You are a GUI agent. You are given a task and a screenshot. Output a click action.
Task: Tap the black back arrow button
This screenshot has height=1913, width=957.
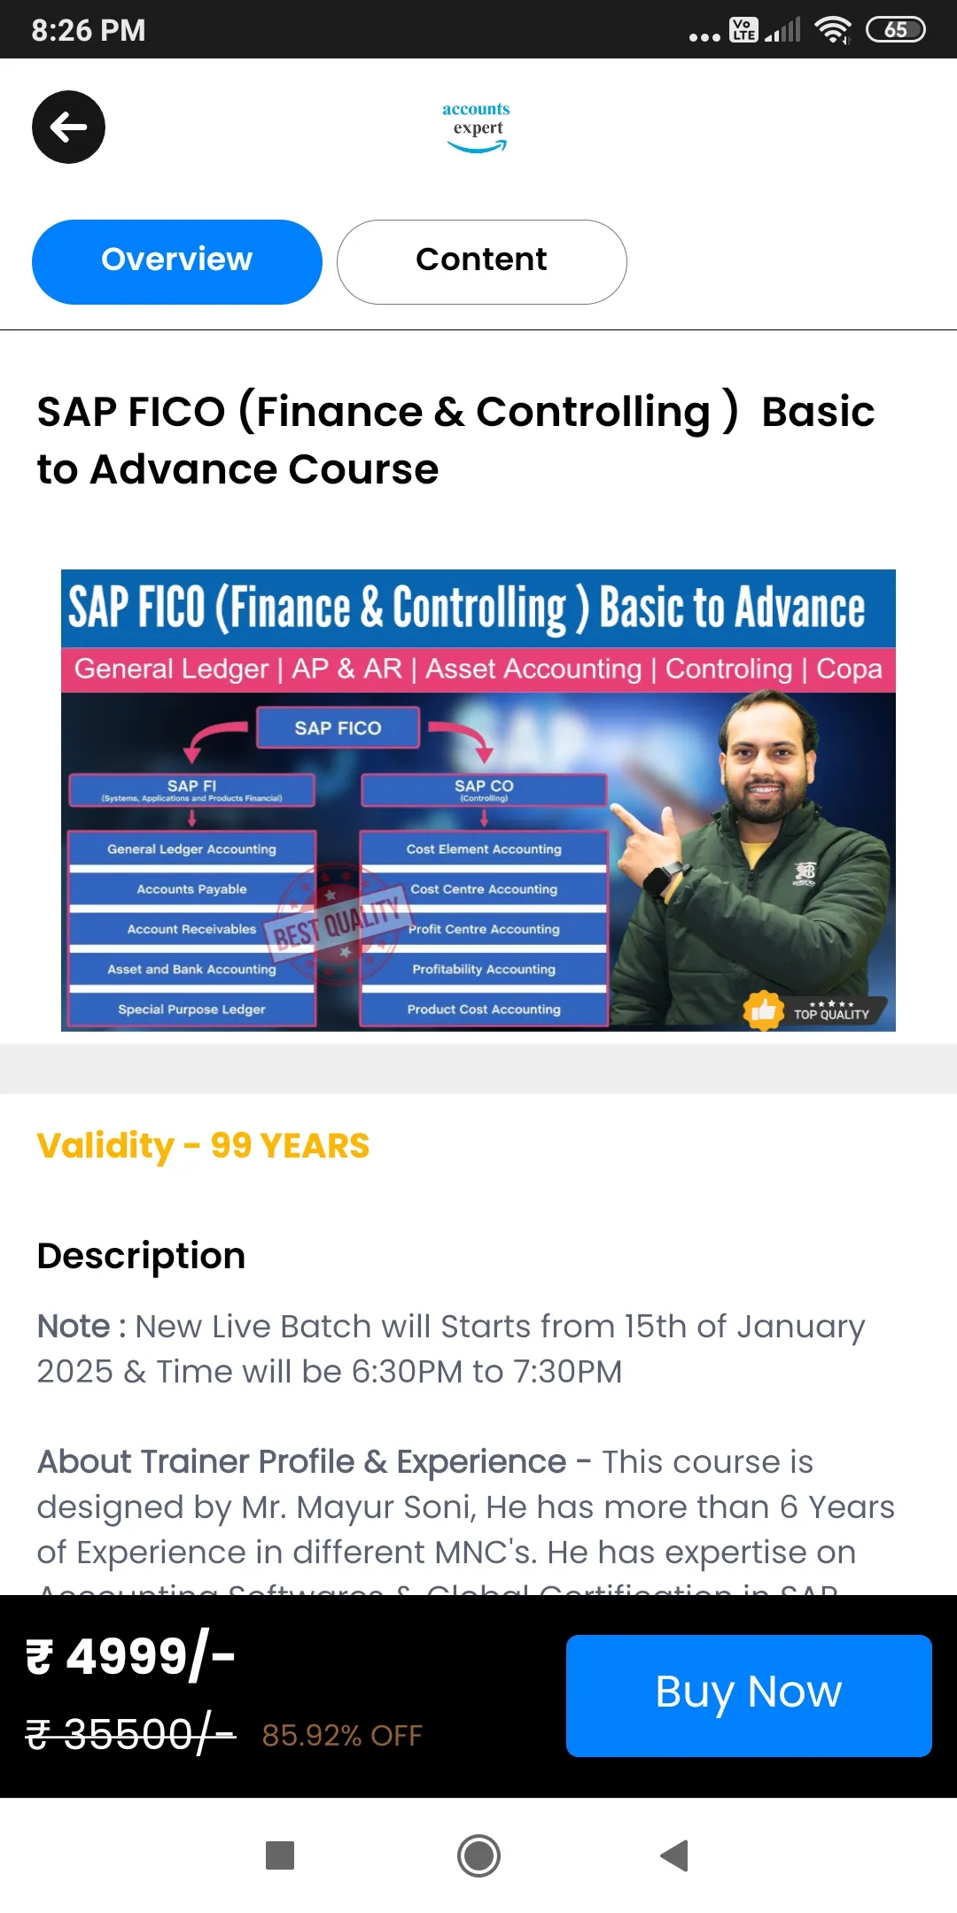(x=68, y=128)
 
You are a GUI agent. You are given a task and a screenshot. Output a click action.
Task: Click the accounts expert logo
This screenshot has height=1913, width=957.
(x=477, y=128)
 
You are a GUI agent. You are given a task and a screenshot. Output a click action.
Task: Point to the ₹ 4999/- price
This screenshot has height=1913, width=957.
(x=130, y=1656)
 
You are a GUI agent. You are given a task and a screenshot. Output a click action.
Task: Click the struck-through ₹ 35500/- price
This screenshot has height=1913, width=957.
(x=130, y=1734)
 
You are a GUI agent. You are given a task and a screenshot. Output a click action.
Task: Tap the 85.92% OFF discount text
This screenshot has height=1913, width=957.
(x=342, y=1736)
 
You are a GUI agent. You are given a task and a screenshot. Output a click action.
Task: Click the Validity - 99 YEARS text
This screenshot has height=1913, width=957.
(x=203, y=1146)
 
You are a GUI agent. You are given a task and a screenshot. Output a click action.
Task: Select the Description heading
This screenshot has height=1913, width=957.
(x=141, y=1256)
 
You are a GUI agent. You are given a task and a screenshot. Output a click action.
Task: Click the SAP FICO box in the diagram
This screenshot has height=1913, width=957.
(x=338, y=728)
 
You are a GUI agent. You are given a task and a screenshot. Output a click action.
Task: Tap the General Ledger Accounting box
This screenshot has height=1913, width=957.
(x=191, y=848)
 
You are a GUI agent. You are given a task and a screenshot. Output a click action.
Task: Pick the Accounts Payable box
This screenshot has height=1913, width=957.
(x=191, y=889)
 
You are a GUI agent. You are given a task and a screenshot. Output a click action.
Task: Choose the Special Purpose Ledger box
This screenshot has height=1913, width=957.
(x=191, y=1010)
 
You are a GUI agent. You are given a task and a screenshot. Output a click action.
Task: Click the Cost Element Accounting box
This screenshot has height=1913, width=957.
(x=484, y=848)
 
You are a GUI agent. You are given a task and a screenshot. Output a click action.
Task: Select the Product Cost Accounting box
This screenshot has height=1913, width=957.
(x=484, y=1010)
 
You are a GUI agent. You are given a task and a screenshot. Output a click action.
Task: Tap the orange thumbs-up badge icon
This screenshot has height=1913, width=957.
(x=763, y=1011)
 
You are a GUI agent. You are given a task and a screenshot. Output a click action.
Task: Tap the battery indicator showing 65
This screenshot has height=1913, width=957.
(x=895, y=30)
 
